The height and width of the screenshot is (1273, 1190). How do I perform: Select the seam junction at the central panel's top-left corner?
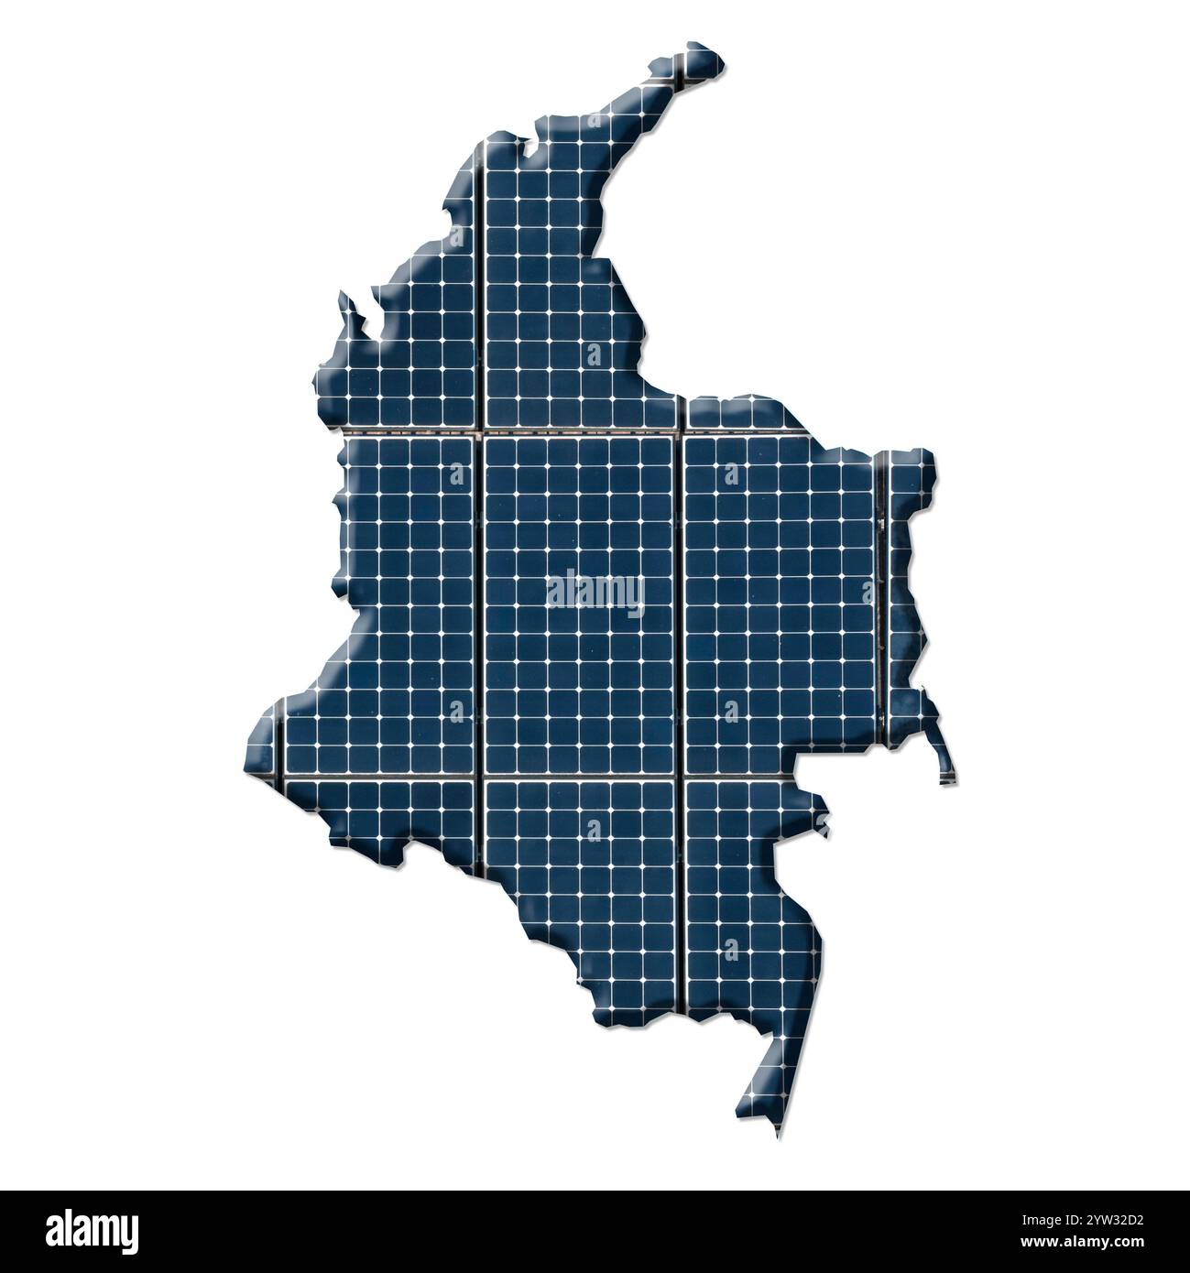point(482,431)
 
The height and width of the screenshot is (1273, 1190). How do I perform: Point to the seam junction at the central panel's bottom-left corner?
point(482,779)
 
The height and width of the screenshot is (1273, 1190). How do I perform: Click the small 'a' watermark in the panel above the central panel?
point(595,354)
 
